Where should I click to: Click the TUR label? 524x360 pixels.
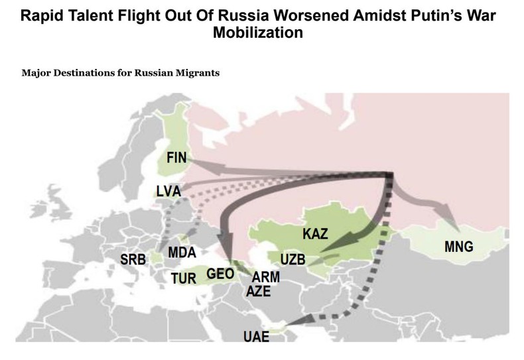[184, 277]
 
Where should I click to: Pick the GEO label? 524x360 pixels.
[222, 273]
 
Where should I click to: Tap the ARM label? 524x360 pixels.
[267, 277]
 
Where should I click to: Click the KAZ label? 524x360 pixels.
[316, 234]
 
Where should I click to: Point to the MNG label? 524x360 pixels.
[458, 248]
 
